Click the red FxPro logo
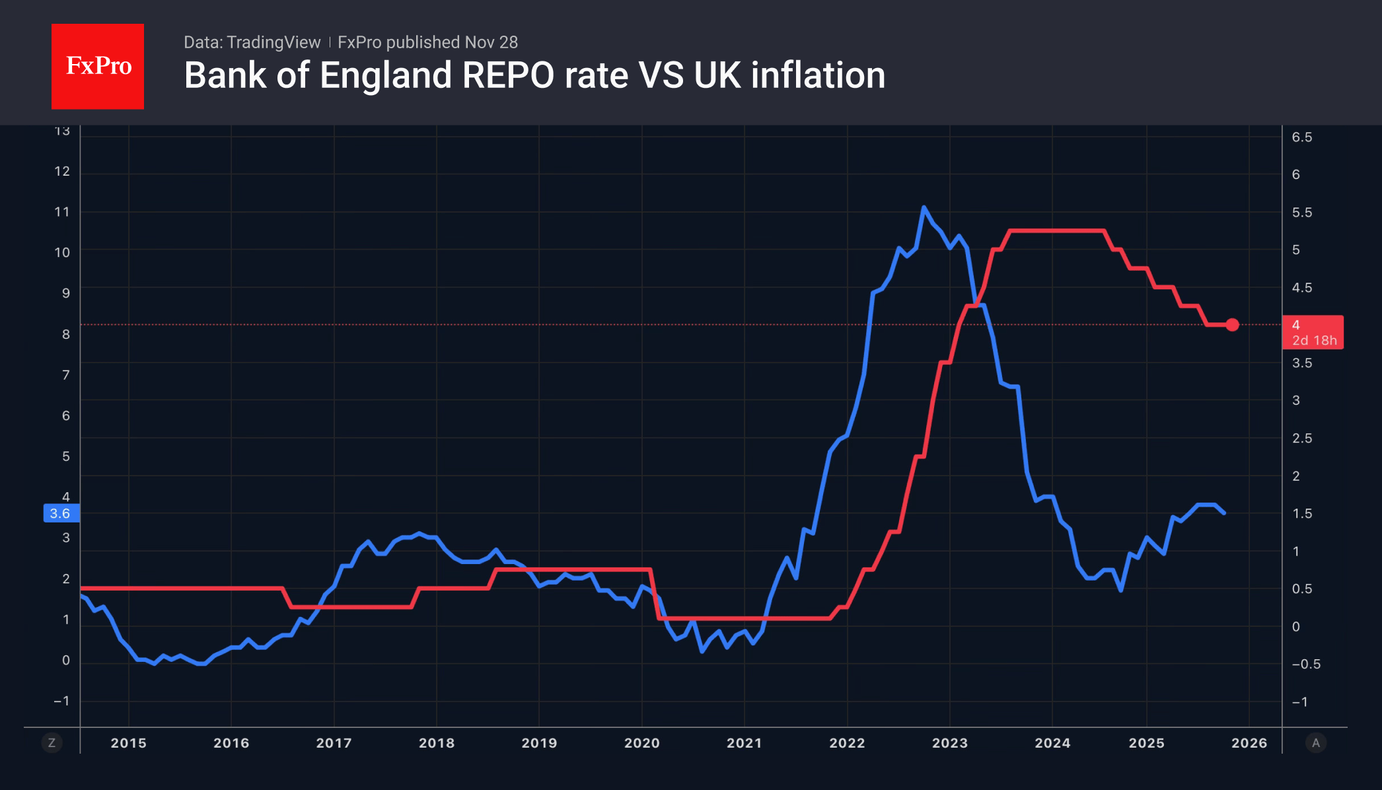point(98,66)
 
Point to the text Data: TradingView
point(252,42)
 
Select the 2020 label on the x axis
point(641,743)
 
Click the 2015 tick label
point(128,743)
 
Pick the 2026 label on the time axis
point(1249,743)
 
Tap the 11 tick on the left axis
point(62,212)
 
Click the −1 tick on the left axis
point(61,701)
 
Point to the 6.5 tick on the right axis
point(1301,137)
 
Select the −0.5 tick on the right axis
point(1305,664)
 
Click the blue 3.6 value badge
point(61,513)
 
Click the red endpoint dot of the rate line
point(1232,324)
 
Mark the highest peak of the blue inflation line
point(924,207)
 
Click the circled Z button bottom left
point(52,743)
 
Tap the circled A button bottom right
point(1315,743)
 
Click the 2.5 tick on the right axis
point(1301,439)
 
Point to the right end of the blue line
point(1224,513)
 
